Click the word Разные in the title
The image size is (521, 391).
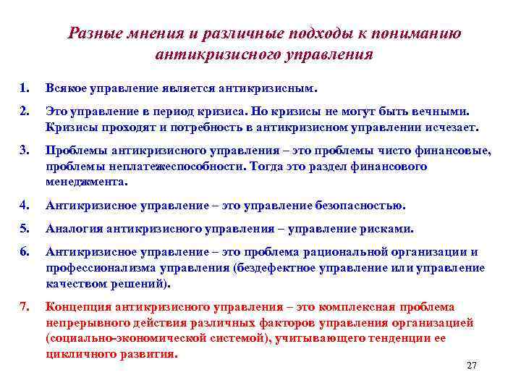[x=93, y=33]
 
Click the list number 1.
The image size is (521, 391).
[x=24, y=88]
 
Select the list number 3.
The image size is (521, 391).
[x=24, y=151]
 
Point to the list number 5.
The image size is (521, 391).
[x=24, y=229]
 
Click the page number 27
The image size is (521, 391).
[x=472, y=366]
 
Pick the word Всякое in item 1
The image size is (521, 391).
[x=67, y=88]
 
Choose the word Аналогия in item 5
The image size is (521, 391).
[x=74, y=229]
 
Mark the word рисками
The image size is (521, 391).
[x=390, y=229]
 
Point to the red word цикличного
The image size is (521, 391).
[x=75, y=354]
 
